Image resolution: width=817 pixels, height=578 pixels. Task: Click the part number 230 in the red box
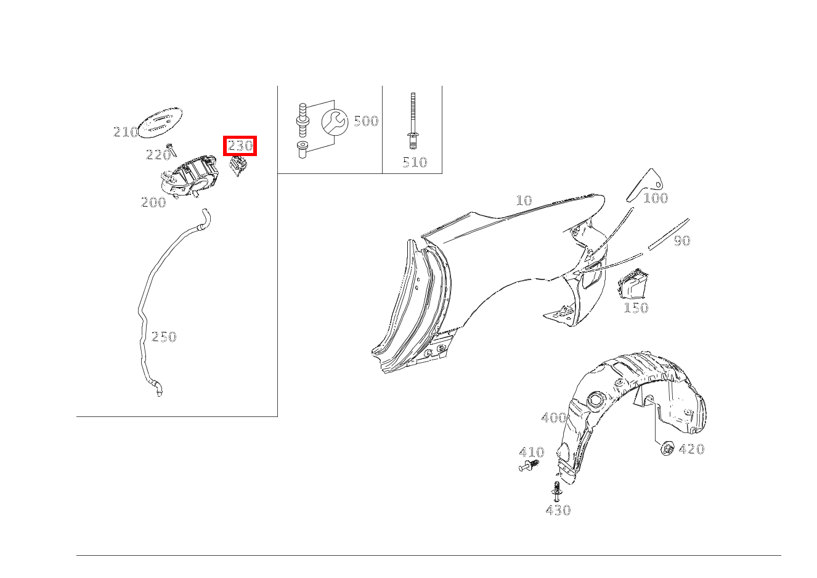click(240, 146)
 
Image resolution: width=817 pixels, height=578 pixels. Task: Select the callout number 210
click(126, 132)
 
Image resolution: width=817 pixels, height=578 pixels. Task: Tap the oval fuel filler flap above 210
click(160, 123)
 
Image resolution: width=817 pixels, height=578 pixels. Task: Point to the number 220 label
click(158, 155)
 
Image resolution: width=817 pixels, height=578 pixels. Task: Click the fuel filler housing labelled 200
click(190, 176)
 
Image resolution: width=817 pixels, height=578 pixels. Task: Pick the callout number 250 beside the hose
click(164, 337)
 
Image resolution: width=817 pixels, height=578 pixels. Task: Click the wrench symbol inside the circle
click(335, 122)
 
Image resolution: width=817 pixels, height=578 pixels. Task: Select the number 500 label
click(366, 121)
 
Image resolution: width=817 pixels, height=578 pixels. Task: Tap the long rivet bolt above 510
click(413, 121)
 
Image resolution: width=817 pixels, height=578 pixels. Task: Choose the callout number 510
click(415, 162)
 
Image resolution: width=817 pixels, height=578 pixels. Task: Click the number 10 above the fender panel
click(524, 200)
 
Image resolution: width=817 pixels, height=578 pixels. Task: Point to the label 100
click(656, 198)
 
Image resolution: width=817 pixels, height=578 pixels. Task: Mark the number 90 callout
click(681, 241)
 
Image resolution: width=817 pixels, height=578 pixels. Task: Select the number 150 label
click(636, 307)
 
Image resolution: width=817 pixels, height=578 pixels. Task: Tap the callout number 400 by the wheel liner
click(554, 418)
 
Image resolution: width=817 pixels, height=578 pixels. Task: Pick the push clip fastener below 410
click(529, 466)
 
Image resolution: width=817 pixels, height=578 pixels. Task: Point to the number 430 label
click(558, 510)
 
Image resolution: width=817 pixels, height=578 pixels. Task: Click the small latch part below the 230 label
click(238, 166)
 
